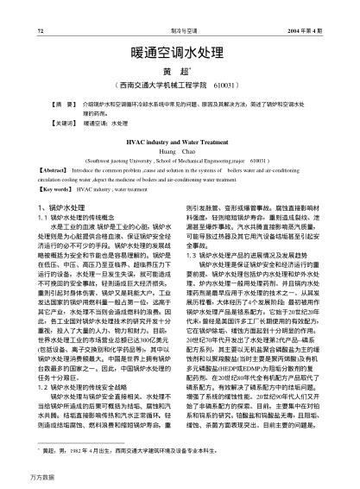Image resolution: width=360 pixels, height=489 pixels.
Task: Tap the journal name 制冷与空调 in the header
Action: tap(178, 9)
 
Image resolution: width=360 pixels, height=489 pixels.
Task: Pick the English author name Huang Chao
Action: tap(180, 150)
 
